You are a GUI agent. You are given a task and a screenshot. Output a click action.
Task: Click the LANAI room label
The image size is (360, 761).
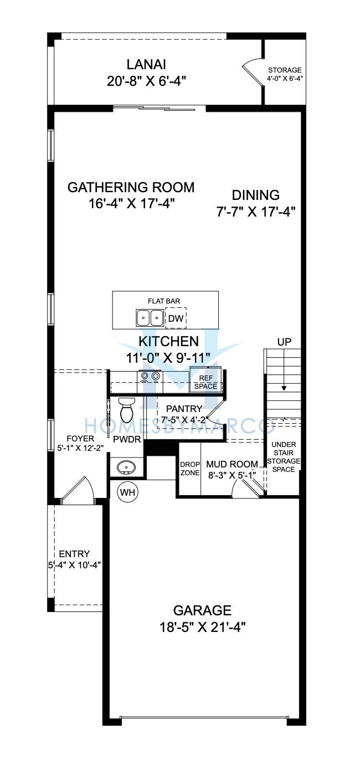[x=146, y=64]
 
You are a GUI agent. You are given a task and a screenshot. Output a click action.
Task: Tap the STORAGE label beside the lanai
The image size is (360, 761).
[x=285, y=70]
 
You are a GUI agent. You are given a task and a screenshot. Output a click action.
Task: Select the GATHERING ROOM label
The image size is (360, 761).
[x=131, y=188]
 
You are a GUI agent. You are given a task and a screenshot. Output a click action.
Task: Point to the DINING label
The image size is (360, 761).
[x=256, y=196]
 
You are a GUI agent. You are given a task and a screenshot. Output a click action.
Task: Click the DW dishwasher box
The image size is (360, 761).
[x=176, y=318]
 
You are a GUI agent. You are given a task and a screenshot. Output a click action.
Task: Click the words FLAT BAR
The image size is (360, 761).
[x=164, y=301]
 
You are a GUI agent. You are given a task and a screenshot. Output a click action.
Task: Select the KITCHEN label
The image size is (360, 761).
[x=168, y=341]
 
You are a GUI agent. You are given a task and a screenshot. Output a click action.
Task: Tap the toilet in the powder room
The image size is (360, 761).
[x=127, y=410]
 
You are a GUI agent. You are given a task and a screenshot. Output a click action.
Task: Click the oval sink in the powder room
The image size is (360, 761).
[x=126, y=467]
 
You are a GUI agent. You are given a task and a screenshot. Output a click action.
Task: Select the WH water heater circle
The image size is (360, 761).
[x=128, y=492]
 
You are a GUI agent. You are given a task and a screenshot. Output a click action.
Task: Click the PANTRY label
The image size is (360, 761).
[x=184, y=409]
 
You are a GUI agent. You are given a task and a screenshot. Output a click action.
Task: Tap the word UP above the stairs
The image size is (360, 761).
[x=284, y=342]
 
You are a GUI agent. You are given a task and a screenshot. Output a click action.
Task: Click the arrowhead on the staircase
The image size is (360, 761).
[x=284, y=388]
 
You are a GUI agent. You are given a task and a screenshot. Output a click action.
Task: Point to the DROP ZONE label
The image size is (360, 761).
[x=190, y=469]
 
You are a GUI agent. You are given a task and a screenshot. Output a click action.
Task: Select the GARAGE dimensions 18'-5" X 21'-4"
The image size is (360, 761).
[x=202, y=627]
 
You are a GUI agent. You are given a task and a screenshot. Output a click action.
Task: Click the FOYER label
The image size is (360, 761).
[x=80, y=439]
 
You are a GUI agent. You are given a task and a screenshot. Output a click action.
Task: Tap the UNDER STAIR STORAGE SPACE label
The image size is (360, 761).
[x=284, y=457]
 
